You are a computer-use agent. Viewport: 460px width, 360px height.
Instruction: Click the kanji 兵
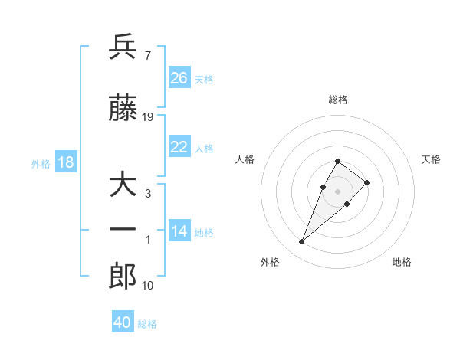tap(123, 47)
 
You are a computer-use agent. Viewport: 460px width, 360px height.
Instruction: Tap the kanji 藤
tap(123, 110)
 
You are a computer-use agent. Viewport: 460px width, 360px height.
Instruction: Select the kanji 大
tap(123, 186)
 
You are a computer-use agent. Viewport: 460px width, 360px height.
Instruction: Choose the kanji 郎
tap(123, 277)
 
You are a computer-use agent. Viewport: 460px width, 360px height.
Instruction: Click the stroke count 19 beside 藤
tap(148, 117)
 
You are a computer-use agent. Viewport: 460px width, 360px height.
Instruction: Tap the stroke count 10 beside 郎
tap(148, 286)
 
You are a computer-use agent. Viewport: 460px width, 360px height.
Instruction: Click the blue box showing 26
tap(179, 78)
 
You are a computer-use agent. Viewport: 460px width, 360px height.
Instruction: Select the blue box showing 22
tap(179, 147)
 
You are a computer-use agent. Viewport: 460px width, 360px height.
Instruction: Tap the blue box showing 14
tap(179, 231)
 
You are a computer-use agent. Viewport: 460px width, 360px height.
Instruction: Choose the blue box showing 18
tap(65, 162)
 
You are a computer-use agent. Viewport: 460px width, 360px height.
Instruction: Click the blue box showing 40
tap(123, 322)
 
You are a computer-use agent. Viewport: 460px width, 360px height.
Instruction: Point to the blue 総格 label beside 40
tap(147, 324)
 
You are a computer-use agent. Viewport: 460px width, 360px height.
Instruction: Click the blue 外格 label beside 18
tap(41, 164)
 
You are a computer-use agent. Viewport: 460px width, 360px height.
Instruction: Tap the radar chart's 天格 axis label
tap(431, 159)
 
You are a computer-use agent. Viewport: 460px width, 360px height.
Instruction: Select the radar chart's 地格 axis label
tap(402, 262)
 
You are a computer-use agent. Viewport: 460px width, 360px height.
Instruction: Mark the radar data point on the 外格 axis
tap(301, 242)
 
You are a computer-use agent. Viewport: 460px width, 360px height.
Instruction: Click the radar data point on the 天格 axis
tap(367, 182)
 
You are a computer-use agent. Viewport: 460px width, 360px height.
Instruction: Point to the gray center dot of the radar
tap(337, 191)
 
